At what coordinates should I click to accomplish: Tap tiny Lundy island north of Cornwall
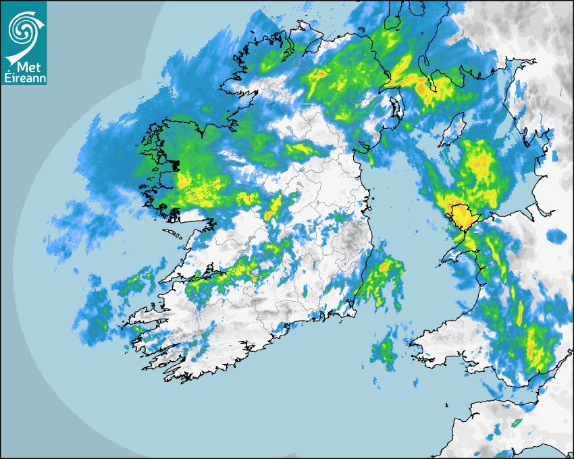[447, 404]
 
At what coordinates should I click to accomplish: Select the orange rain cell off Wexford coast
[386, 267]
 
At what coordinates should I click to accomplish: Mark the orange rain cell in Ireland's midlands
[270, 214]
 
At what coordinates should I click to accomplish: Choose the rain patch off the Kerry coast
[95, 314]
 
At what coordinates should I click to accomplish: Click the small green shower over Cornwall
[517, 423]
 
